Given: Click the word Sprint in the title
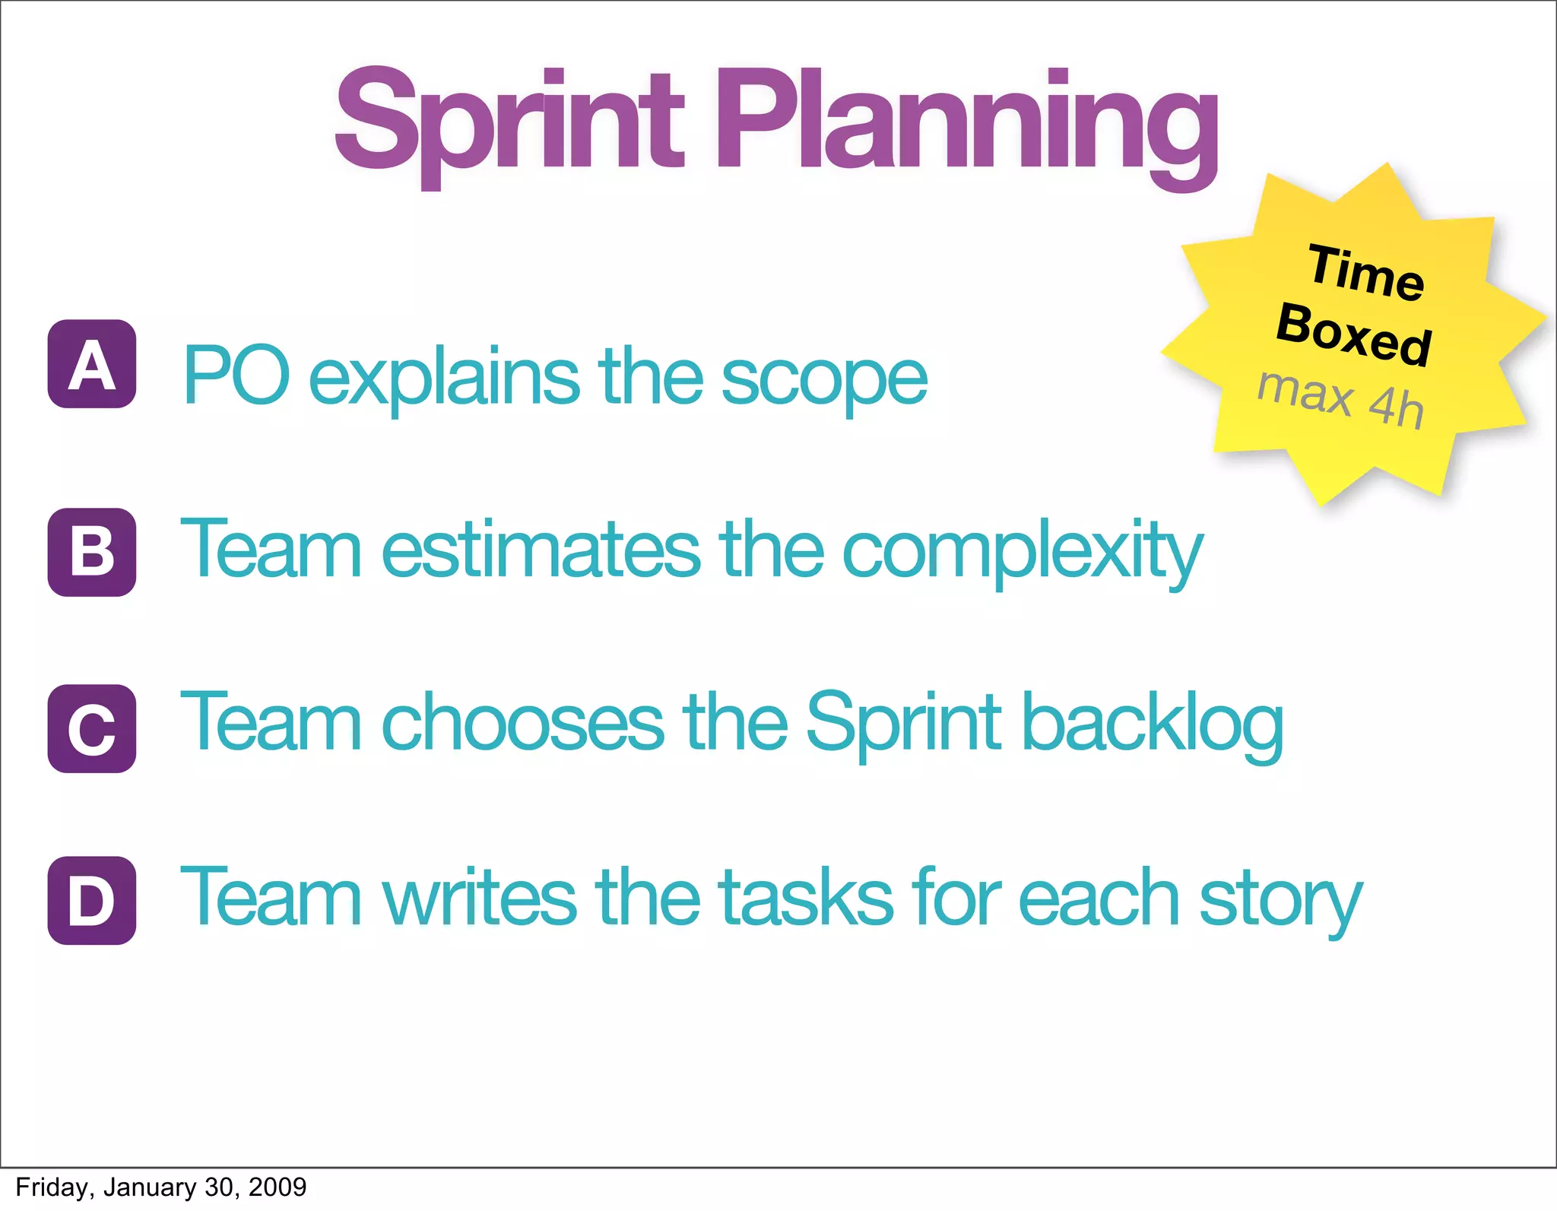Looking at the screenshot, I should coord(509,122).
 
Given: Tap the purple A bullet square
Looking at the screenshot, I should coord(92,364).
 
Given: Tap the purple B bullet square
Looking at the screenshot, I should coord(92,552).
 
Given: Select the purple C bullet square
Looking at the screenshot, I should coord(92,728).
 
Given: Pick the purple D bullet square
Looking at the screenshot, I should coord(92,901).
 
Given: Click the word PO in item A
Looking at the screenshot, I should coord(236,376).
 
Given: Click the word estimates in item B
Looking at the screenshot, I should coord(540,550).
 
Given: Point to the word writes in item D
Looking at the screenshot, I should coord(478,899).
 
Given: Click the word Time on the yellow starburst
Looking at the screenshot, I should coord(1366,272).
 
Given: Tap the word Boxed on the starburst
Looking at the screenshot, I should coord(1354,334).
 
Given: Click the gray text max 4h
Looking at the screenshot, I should coord(1340,398).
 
